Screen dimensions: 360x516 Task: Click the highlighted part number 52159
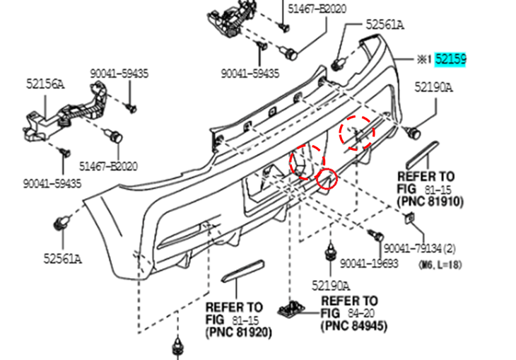(x=450, y=60)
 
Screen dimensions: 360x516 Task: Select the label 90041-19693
(x=368, y=263)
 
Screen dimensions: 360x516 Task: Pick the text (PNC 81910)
(x=430, y=202)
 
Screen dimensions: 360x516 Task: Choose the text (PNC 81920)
(x=238, y=332)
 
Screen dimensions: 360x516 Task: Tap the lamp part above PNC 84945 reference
(x=291, y=307)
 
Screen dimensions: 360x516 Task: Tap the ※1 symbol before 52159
(x=424, y=60)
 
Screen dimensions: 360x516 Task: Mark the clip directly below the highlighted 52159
(x=414, y=131)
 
